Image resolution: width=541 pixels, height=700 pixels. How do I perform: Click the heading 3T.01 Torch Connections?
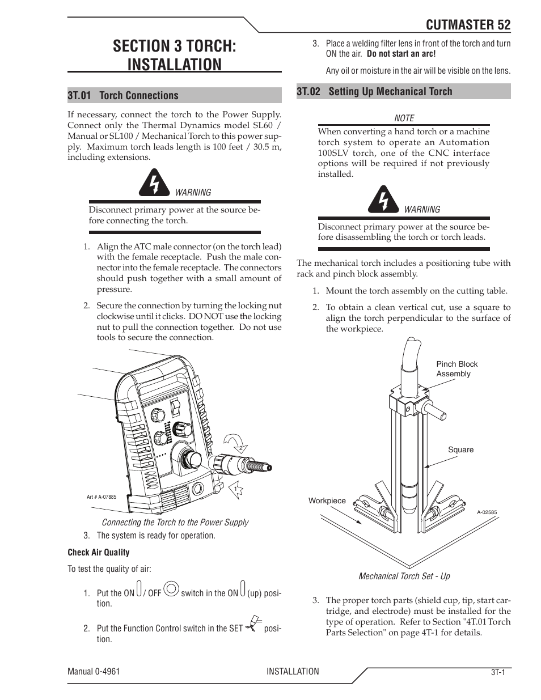pos(122,95)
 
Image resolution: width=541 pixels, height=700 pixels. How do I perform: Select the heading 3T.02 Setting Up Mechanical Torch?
pos(374,91)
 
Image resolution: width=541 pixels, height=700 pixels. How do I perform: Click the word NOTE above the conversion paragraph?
pos(404,118)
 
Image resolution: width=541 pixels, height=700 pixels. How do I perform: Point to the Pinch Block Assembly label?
pos(457,369)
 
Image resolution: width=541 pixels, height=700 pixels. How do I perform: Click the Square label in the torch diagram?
pos(460,449)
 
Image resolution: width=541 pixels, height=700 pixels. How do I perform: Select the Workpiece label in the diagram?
pos(327,500)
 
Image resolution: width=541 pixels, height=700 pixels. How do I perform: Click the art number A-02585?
pos(487,512)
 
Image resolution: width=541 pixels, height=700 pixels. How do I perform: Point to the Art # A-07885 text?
pos(101,497)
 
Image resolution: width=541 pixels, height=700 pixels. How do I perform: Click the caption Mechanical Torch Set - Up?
pos(404,576)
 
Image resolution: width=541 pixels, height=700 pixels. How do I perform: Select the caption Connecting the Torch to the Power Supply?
pos(175,522)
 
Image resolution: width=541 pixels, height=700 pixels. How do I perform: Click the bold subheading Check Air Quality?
pos(99,552)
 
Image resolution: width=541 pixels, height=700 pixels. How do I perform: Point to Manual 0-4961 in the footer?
pos(94,671)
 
